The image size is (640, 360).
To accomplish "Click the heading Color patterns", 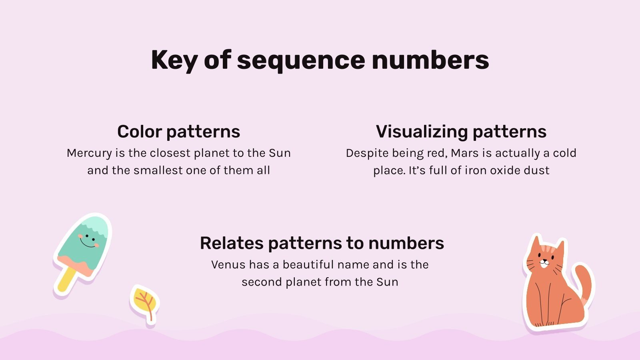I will point(178,132).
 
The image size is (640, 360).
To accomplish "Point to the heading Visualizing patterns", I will point(461,132).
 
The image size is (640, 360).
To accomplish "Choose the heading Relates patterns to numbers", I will point(322,243).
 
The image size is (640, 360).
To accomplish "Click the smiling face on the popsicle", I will point(87,240).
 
